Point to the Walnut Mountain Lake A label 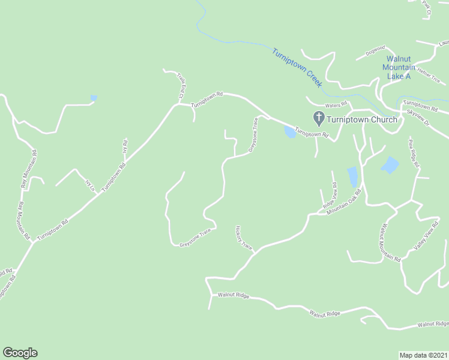[x=398, y=68]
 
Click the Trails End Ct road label [x=180, y=86]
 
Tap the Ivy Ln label [x=91, y=185]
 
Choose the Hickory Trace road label [x=244, y=238]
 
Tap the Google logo [x=20, y=353]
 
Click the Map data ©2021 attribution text [x=423, y=355]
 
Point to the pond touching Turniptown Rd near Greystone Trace [x=290, y=132]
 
